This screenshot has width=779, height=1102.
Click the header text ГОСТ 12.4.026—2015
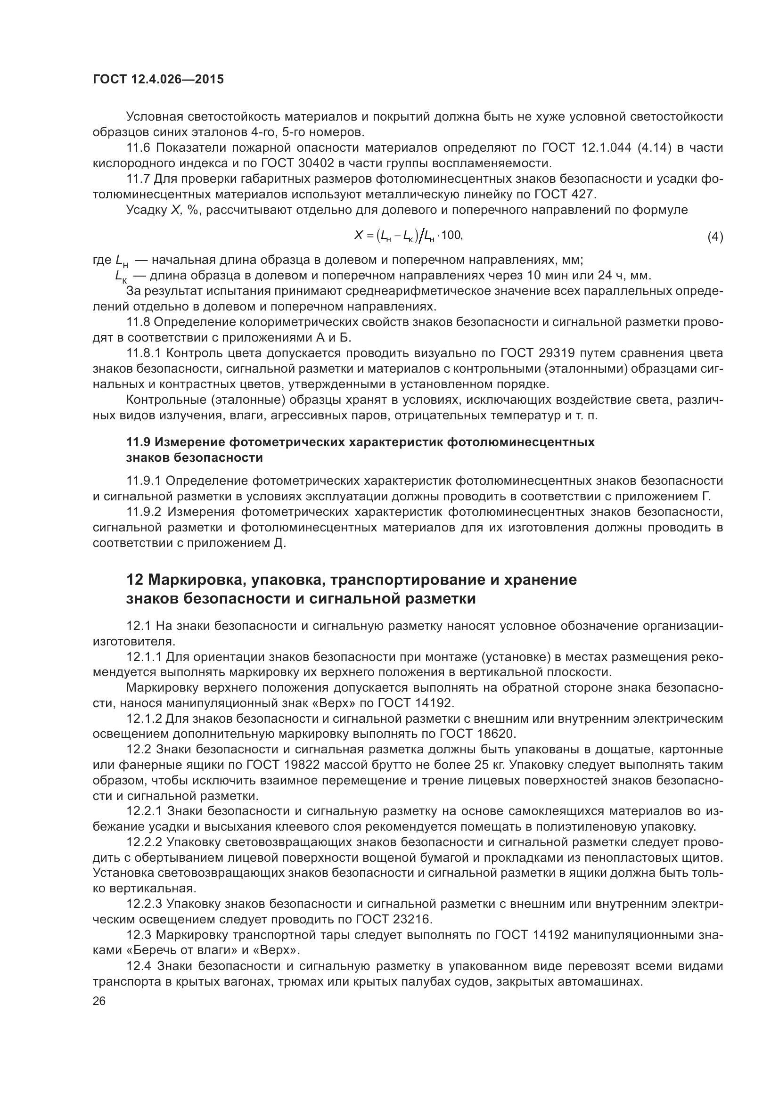click(x=158, y=79)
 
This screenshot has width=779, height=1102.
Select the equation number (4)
click(x=715, y=237)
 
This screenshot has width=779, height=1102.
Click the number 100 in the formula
click(x=451, y=235)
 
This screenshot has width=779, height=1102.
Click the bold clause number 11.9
click(x=138, y=442)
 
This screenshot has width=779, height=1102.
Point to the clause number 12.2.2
click(x=145, y=842)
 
